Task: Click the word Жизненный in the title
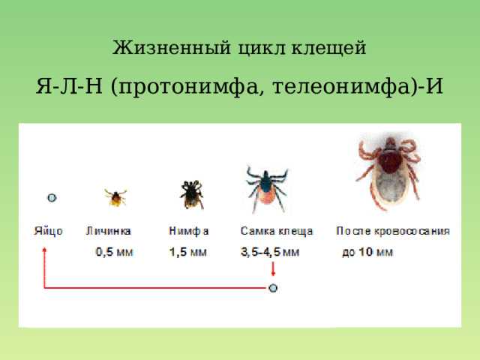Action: coord(172,48)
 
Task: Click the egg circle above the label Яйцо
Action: coord(52,198)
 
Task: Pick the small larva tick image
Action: coord(115,197)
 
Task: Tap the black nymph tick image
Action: coord(192,195)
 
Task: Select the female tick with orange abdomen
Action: coord(267,189)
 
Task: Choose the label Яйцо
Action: coord(48,231)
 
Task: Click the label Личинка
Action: coord(108,231)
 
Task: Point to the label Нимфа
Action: coord(189,231)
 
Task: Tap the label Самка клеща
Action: coord(277,231)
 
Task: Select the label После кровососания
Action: coord(393,231)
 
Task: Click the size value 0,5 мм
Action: coord(114,252)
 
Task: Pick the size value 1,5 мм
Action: coord(188,252)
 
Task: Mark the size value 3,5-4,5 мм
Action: coord(270,252)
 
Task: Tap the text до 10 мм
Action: coord(367,252)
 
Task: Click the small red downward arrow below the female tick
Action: coord(273,269)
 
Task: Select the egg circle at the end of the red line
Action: coord(273,288)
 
